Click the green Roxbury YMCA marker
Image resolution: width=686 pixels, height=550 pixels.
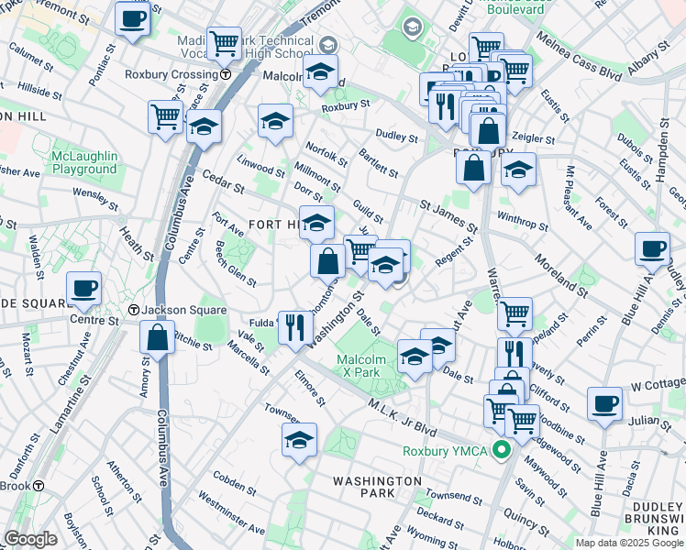point(501,450)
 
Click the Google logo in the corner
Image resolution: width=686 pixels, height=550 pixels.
point(30,539)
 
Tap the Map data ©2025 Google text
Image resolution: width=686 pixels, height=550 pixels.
point(629,543)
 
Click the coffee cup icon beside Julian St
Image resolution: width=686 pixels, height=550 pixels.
point(604,402)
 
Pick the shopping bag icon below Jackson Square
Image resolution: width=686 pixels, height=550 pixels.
point(158,335)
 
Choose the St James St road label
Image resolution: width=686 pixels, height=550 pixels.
point(448,216)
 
